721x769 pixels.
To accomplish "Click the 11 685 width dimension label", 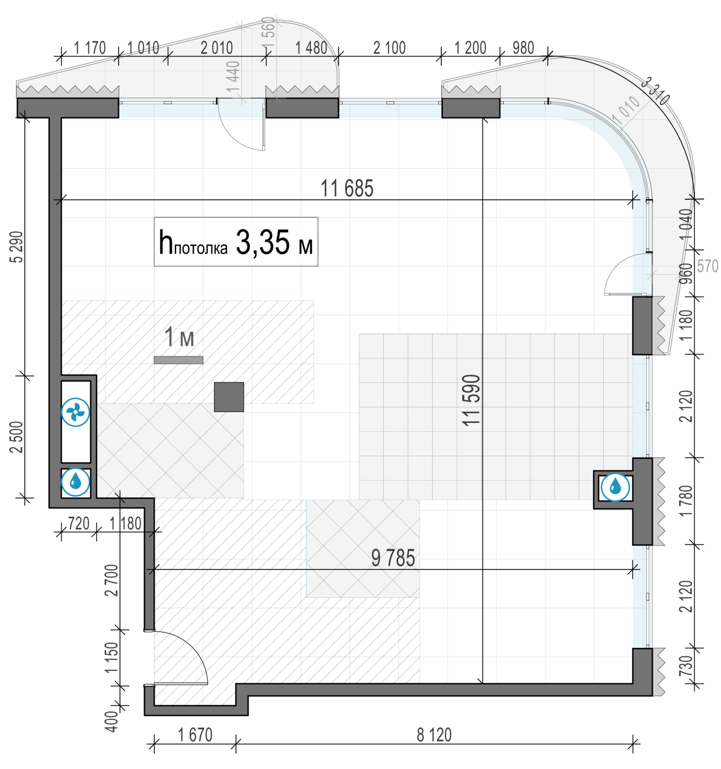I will click(x=347, y=189).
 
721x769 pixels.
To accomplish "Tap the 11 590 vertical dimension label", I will click(x=471, y=400).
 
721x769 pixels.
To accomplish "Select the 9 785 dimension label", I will click(x=393, y=558).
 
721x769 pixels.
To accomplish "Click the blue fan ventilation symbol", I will click(x=76, y=412).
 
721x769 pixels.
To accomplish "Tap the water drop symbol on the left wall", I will click(x=76, y=482).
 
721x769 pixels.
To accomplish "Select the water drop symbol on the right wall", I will click(x=615, y=487).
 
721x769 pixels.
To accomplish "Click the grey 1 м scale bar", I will click(x=179, y=360).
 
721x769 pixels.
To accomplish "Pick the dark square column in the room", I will click(x=229, y=397).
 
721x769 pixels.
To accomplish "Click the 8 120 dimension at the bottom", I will click(x=434, y=735).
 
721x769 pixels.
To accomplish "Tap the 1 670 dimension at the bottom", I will click(x=195, y=735).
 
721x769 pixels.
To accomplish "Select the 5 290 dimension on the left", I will click(x=17, y=247).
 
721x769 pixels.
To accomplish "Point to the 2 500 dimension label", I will click(x=17, y=437).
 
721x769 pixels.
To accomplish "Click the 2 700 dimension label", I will click(x=111, y=580).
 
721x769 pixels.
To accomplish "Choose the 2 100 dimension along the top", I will click(x=389, y=48).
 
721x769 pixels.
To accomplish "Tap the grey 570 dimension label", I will click(x=708, y=266).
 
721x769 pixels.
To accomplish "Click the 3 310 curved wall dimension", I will click(x=656, y=90).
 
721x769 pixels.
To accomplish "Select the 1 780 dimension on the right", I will click(x=686, y=500).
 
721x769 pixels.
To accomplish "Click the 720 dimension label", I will click(x=79, y=523).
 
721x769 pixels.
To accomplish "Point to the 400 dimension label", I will click(x=111, y=721).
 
